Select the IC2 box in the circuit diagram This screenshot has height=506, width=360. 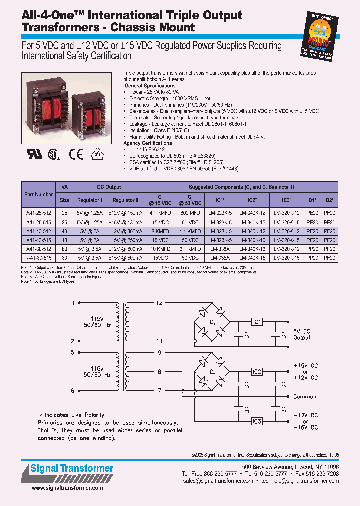pos(256,372)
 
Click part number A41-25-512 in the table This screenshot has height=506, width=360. pos(38,211)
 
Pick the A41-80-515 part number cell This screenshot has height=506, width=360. pos(38,258)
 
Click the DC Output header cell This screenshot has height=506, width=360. pos(109,187)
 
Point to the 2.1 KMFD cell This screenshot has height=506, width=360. pos(190,249)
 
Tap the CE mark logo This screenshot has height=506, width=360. pos(76,155)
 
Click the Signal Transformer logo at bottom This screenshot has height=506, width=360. pos(68,469)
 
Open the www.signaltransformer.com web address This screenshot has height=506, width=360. pos(65,488)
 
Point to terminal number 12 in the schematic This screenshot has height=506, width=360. pos(159,303)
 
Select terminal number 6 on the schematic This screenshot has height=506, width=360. pos(73,391)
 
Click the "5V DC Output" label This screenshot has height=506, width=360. pos(301,334)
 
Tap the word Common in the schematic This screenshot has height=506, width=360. pos(304,396)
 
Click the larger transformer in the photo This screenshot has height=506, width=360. pos(49,105)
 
